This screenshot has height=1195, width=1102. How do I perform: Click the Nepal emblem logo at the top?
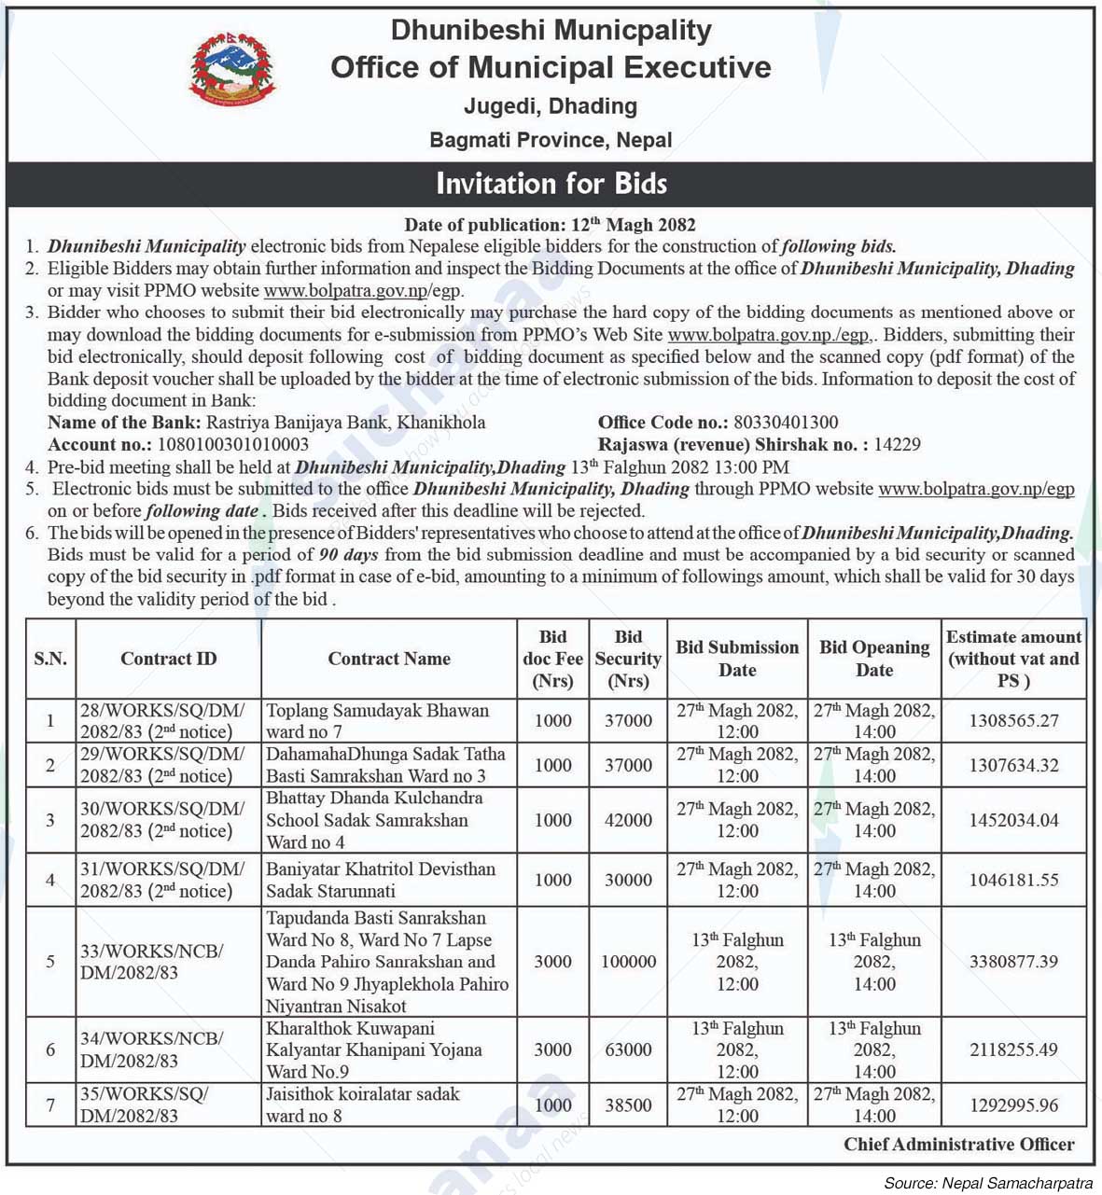click(232, 68)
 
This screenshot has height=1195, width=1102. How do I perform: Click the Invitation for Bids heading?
click(551, 183)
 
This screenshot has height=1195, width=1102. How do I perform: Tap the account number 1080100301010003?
click(232, 445)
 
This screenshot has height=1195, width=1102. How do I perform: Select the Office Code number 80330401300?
click(786, 423)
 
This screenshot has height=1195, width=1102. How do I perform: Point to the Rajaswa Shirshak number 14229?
click(897, 445)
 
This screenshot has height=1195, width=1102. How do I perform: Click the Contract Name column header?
click(388, 659)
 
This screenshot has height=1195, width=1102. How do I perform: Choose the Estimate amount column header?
click(1013, 659)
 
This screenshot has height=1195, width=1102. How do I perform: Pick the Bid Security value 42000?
click(628, 820)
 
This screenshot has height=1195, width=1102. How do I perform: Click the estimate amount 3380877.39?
click(1013, 961)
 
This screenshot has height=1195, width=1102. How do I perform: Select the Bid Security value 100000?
click(628, 961)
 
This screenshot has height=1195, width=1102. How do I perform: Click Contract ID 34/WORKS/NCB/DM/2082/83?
click(151, 1049)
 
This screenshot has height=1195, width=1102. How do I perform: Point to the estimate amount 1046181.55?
click(1013, 880)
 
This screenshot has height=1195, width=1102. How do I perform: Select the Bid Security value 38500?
click(628, 1105)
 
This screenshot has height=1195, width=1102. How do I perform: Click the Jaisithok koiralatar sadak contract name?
click(362, 1105)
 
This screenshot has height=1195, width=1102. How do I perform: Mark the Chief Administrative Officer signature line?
click(958, 1144)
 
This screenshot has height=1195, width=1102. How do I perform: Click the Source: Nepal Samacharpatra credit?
click(987, 1183)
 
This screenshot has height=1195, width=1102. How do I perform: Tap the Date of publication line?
click(550, 225)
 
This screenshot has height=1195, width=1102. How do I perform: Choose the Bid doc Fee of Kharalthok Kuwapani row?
click(552, 1049)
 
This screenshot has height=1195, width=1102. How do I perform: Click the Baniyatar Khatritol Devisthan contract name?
click(380, 880)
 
